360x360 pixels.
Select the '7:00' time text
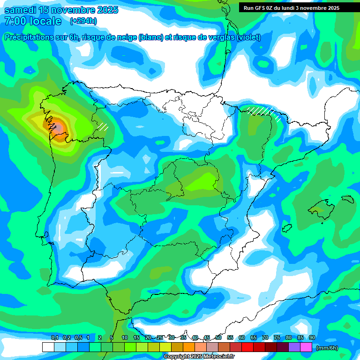tap(15, 21)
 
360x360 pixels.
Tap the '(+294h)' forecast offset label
tap(84, 21)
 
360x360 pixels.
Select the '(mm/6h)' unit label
tap(327, 348)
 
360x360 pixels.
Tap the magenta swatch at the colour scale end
tap(306, 347)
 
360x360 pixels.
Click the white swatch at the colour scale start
tap(48, 347)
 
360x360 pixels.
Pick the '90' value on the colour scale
tap(312, 337)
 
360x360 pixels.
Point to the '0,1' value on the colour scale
tap(54, 337)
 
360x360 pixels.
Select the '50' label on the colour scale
tap(218, 337)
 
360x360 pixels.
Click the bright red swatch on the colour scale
tap(247, 347)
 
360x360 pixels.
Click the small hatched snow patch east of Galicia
tap(103, 126)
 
